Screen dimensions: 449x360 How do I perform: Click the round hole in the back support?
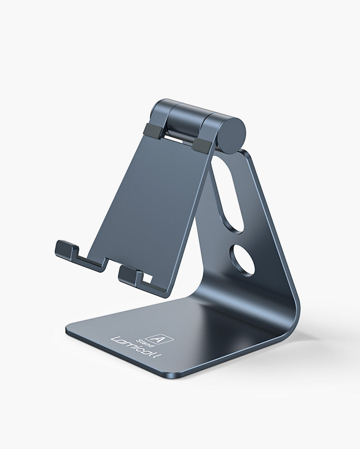pos(242,260)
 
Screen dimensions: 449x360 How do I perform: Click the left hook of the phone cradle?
pos(66,250)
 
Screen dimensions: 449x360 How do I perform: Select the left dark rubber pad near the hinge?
pos(152,131)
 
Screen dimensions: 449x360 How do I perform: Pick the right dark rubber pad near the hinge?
pos(202,145)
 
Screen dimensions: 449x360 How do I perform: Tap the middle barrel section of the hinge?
pos(186,120)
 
